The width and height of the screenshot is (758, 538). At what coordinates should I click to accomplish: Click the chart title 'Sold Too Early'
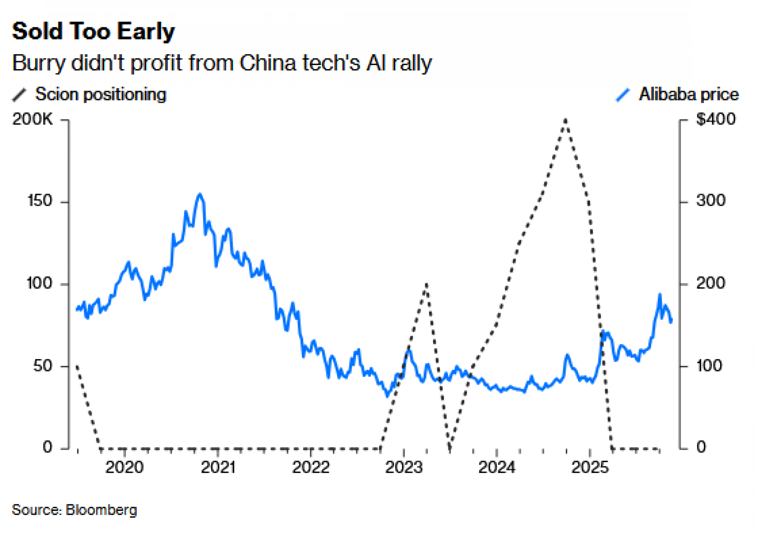[x=93, y=31]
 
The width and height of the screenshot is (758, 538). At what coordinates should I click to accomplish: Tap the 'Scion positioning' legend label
[x=100, y=94]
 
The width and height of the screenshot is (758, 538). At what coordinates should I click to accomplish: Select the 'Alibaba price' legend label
[x=689, y=94]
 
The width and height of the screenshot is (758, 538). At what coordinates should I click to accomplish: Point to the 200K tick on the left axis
[x=33, y=120]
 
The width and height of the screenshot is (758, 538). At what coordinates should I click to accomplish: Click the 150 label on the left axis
[x=40, y=201]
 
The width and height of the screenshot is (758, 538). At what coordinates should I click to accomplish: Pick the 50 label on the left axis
[x=42, y=366]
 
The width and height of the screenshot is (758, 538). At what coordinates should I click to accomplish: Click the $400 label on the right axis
[x=716, y=120]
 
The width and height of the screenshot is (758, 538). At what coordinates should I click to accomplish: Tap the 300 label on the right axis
[x=711, y=201]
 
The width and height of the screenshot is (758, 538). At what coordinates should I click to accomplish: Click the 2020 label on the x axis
[x=124, y=467]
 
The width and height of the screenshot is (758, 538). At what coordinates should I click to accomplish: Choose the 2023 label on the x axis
[x=404, y=467]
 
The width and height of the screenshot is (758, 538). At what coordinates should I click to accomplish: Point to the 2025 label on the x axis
[x=590, y=467]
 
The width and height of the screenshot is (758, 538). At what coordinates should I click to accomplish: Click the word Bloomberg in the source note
[x=101, y=510]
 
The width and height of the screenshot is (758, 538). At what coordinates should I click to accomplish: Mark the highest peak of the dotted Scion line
[x=565, y=120]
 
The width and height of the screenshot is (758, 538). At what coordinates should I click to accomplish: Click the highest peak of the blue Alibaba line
[x=200, y=195]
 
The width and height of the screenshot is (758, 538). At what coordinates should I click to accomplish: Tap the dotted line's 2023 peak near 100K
[x=426, y=284]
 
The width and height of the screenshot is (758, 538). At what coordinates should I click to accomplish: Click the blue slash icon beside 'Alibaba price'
[x=623, y=95]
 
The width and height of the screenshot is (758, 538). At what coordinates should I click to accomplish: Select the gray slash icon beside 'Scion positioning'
[x=19, y=95]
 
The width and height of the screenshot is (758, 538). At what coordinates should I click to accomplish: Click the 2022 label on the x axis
[x=311, y=467]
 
